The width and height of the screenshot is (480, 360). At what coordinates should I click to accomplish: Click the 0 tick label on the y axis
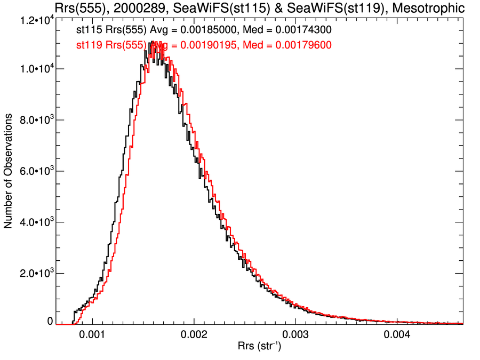(x=50, y=322)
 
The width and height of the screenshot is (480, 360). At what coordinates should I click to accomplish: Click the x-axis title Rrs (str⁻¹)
(x=259, y=347)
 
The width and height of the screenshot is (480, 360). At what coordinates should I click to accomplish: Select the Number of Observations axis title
(x=9, y=171)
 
